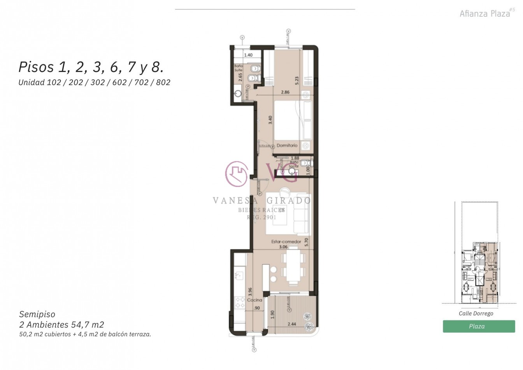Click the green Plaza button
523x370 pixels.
(x=479, y=326)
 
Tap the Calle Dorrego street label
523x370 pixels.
(x=476, y=314)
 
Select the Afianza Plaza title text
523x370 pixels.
(x=484, y=14)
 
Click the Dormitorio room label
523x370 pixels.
(x=287, y=145)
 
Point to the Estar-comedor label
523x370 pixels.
(x=286, y=242)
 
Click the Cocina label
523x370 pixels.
(x=254, y=300)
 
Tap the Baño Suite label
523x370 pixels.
(x=238, y=69)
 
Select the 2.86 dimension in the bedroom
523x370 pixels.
(x=285, y=93)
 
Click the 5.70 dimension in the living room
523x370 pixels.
(x=306, y=243)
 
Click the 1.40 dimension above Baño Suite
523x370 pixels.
(x=248, y=55)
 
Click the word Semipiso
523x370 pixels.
(x=37, y=314)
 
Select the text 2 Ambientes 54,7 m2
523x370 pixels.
(x=61, y=324)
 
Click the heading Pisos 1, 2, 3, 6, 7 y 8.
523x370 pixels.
(x=91, y=67)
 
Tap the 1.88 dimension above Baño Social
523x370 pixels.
(x=295, y=158)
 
